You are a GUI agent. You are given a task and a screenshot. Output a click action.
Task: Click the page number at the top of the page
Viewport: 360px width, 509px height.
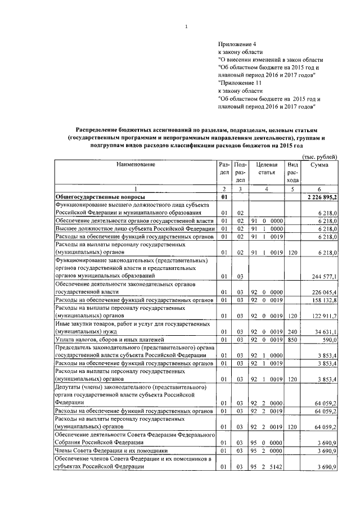click(x=186, y=26)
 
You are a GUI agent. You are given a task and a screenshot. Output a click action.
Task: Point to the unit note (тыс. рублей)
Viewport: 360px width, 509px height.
click(x=319, y=156)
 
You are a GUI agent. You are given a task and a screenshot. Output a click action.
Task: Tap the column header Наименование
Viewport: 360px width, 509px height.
click(x=136, y=164)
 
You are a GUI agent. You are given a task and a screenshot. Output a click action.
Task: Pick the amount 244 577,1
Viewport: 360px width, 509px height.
click(x=325, y=277)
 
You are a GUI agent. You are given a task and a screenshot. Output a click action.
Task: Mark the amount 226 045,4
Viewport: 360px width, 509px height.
click(x=325, y=292)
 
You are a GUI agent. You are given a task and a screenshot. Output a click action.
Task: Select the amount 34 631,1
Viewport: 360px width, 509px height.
click(x=326, y=332)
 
